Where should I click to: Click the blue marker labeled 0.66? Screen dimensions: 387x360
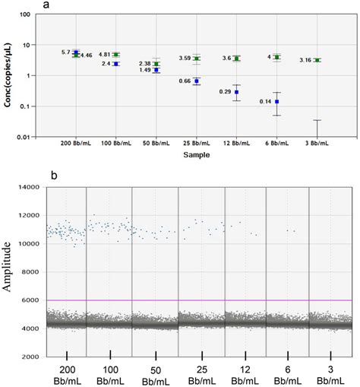[x=197, y=81]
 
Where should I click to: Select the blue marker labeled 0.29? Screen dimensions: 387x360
[x=237, y=92]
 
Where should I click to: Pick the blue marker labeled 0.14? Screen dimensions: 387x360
[x=277, y=101]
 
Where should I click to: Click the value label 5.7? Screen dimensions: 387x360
[x=66, y=52]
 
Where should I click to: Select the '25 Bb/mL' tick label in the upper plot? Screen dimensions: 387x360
[x=197, y=142]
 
